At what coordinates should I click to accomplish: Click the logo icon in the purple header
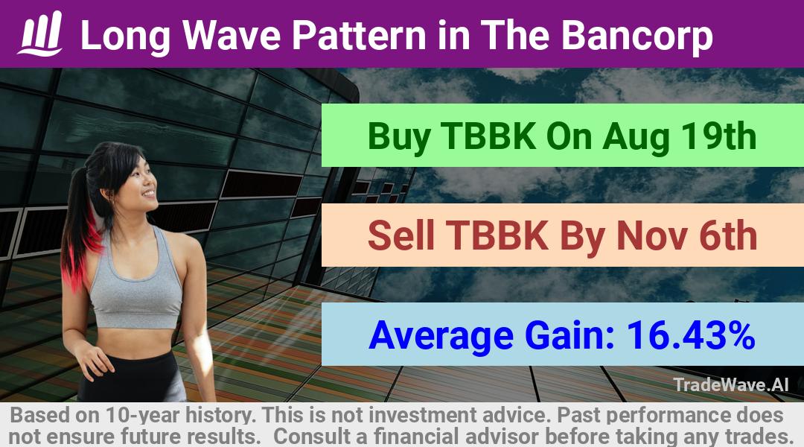(x=40, y=34)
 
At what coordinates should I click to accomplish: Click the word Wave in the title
(x=232, y=36)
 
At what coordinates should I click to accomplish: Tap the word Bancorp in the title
(x=637, y=36)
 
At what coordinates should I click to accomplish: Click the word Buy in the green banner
(x=399, y=137)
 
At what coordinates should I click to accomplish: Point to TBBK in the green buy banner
(x=488, y=136)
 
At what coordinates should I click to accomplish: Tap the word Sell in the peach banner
(x=401, y=235)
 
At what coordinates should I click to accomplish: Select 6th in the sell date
(x=728, y=235)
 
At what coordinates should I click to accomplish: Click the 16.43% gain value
(x=691, y=335)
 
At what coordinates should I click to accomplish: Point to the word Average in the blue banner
(x=441, y=336)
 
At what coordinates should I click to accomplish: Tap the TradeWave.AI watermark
(x=731, y=384)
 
